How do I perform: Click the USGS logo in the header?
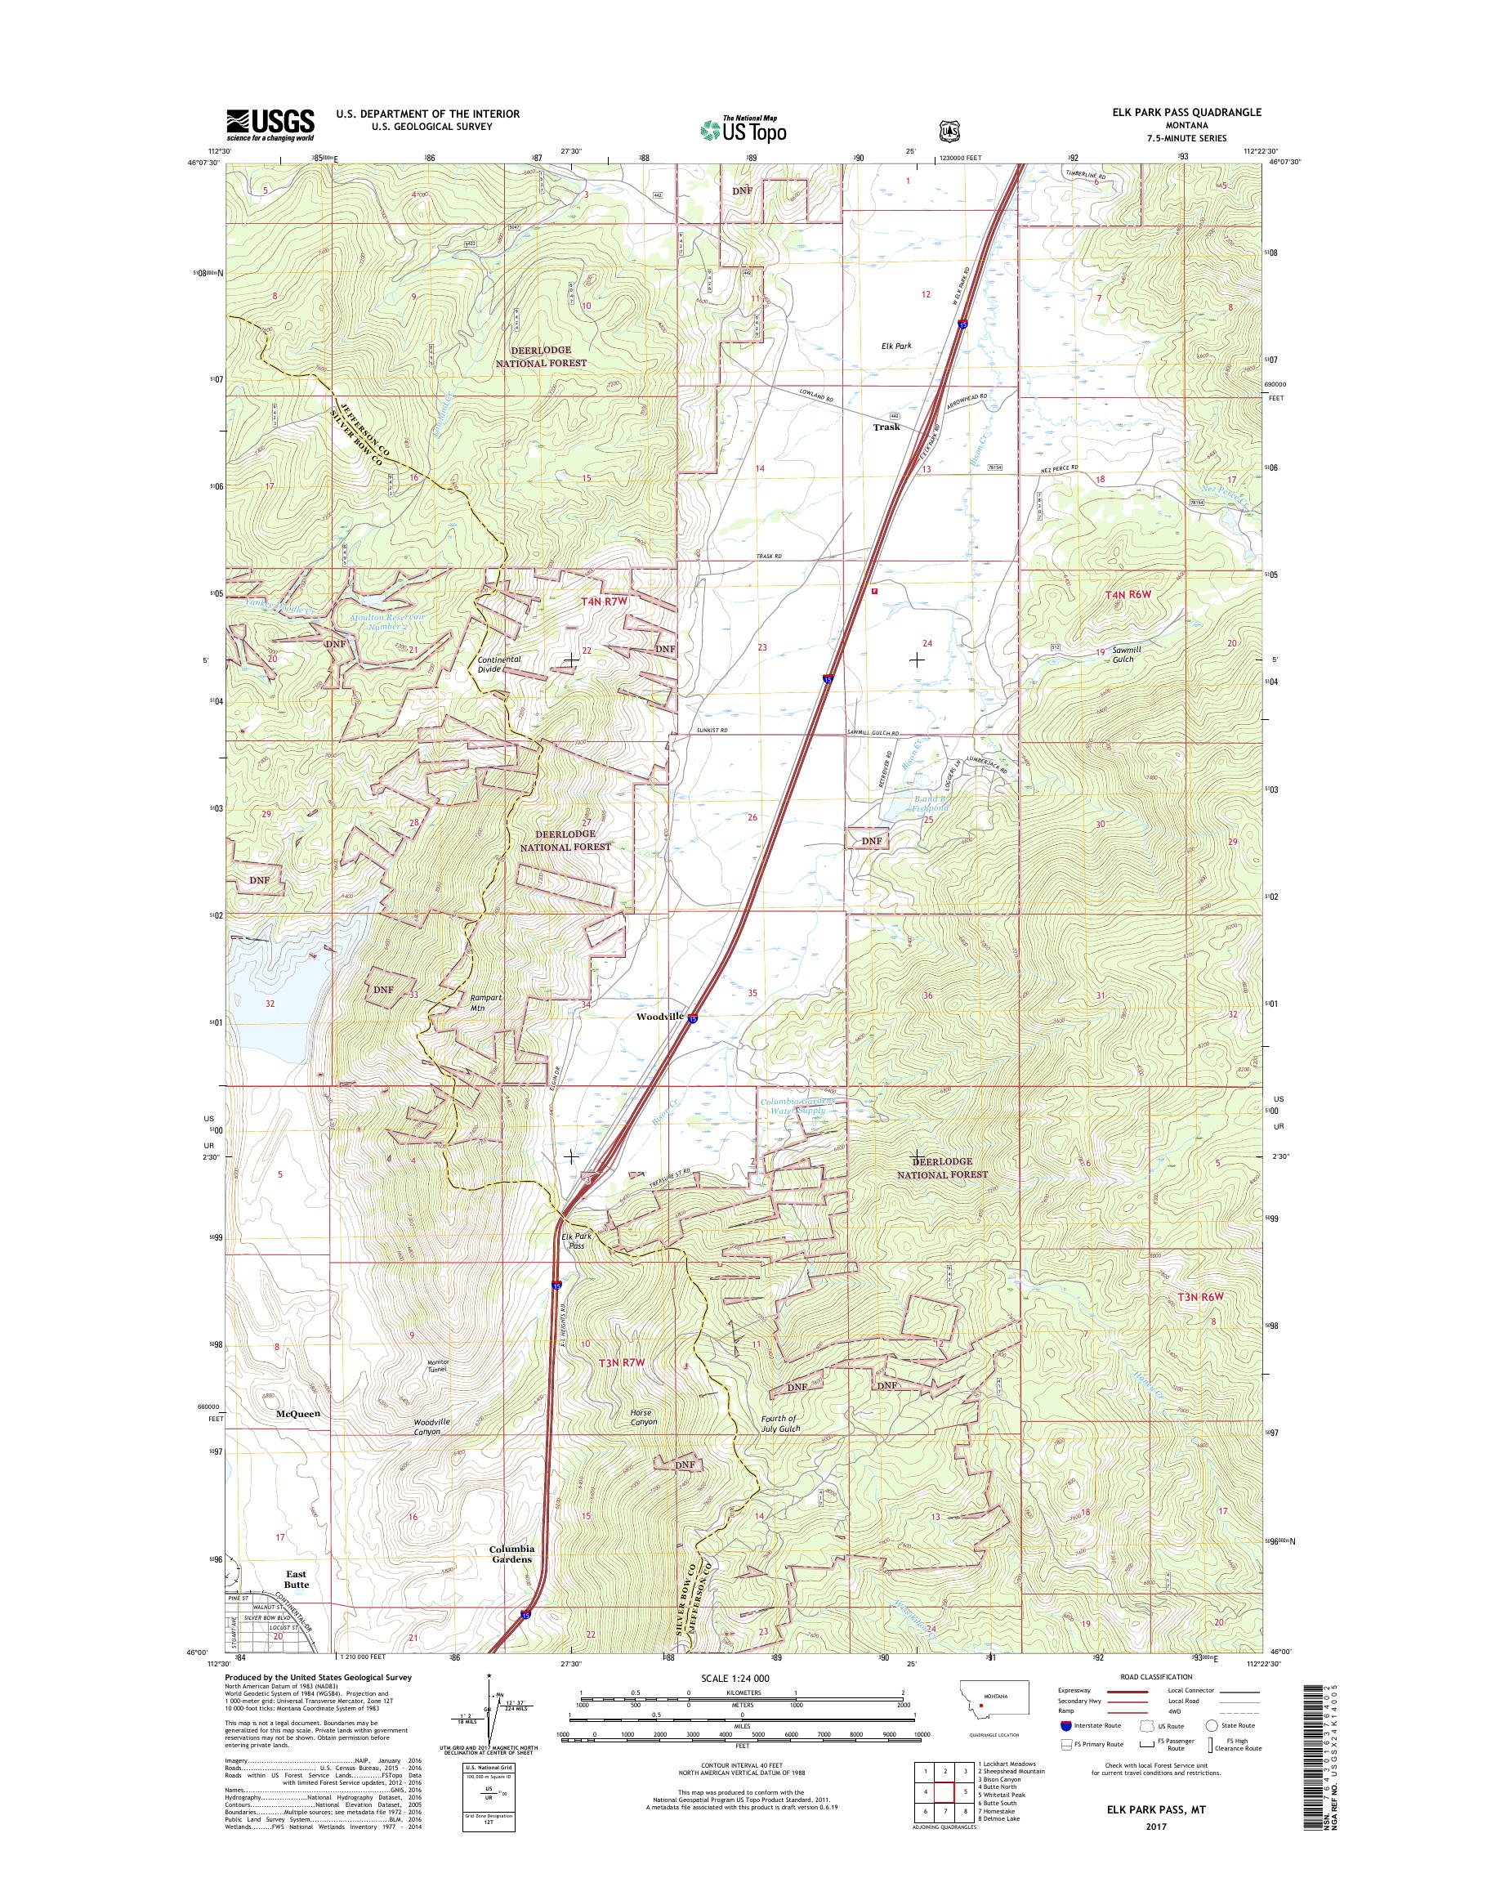[270, 124]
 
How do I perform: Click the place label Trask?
[886, 427]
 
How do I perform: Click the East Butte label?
[296, 1579]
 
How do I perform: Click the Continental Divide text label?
[499, 664]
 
